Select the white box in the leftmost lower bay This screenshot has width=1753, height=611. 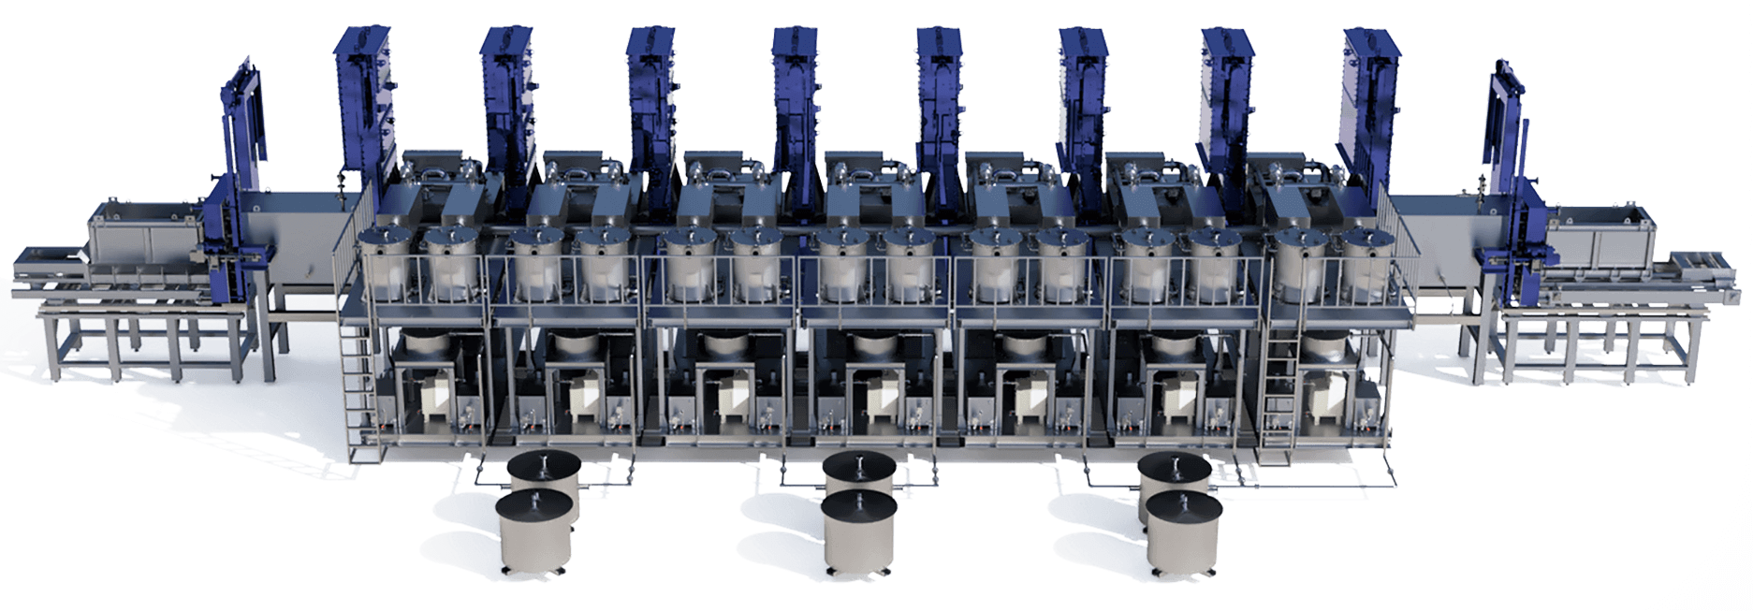point(432,397)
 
